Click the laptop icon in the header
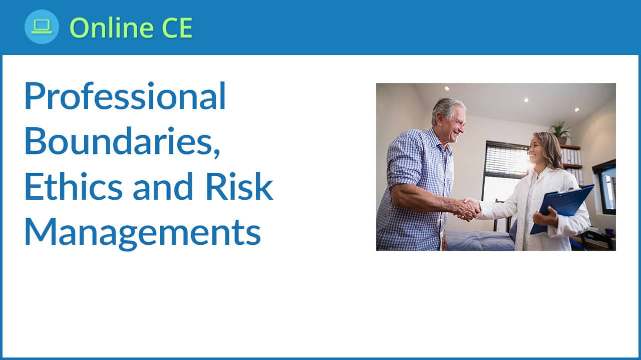[x=42, y=27]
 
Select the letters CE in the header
[x=177, y=28]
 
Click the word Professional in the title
[x=125, y=96]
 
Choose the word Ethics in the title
[x=74, y=186]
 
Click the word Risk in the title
[x=239, y=186]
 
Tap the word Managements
[x=143, y=232]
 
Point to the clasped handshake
[x=468, y=209]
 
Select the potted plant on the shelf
[x=560, y=132]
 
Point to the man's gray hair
[x=447, y=109]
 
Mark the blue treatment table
[x=481, y=240]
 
